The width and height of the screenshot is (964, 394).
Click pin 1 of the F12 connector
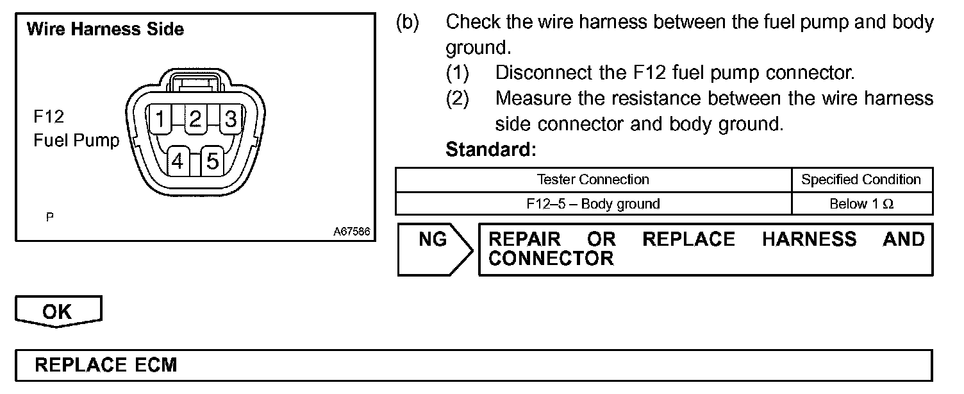(x=160, y=119)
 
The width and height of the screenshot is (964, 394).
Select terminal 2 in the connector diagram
(x=195, y=119)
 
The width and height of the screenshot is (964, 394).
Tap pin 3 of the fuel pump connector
(x=231, y=119)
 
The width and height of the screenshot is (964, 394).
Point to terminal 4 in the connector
(x=178, y=161)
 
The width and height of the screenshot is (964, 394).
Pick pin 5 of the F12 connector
(x=213, y=161)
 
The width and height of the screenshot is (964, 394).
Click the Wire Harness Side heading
(x=105, y=30)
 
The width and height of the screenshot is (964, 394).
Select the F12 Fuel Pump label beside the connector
(x=76, y=129)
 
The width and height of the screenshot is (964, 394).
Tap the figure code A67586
(x=351, y=232)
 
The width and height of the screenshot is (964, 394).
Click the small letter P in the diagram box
(x=49, y=218)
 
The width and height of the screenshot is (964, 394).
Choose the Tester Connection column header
(x=593, y=180)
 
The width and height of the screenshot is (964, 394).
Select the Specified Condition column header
(x=861, y=180)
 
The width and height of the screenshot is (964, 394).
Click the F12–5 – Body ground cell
(x=593, y=204)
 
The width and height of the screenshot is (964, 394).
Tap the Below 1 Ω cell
(x=861, y=204)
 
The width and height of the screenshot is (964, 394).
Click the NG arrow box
(x=433, y=249)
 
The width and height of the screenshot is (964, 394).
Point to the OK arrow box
(x=58, y=311)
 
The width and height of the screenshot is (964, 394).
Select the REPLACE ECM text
(x=106, y=365)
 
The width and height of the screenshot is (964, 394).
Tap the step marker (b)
(x=407, y=23)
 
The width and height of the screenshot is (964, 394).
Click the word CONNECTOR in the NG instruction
(x=551, y=259)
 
